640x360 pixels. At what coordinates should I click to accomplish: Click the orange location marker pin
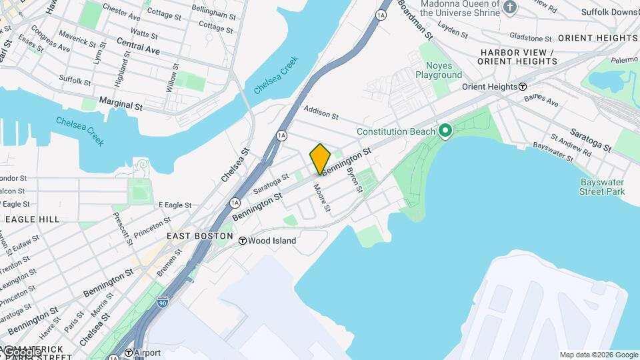click(x=320, y=159)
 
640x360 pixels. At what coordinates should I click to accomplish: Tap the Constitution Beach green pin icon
click(x=445, y=131)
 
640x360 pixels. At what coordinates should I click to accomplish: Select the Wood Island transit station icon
click(x=243, y=241)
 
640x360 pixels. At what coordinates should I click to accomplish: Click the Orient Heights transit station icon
click(x=523, y=87)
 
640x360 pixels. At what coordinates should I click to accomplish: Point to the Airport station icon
click(x=129, y=353)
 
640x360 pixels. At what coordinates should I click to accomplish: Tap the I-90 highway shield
click(x=163, y=302)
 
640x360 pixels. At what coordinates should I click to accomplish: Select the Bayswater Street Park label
click(x=602, y=186)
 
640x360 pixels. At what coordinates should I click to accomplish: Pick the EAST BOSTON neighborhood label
click(x=200, y=236)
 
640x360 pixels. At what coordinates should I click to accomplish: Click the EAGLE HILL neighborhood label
click(x=32, y=219)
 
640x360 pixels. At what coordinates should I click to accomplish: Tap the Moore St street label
click(x=323, y=199)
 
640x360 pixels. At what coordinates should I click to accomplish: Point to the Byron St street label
click(x=354, y=180)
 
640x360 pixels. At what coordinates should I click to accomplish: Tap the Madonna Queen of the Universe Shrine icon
click(x=510, y=7)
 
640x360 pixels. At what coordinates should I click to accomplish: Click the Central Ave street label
click(x=138, y=45)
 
